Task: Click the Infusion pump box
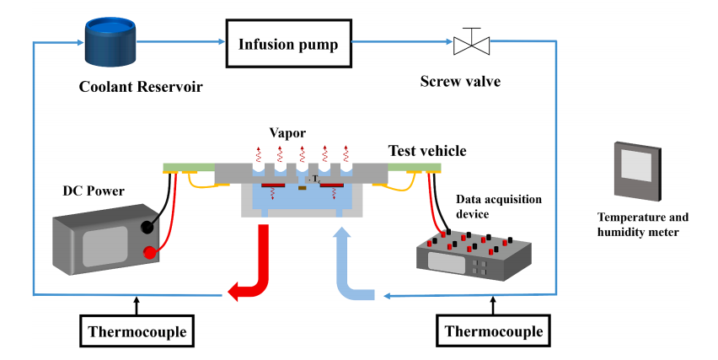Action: [287, 43]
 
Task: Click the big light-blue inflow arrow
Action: [351, 270]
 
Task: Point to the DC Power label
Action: [93, 191]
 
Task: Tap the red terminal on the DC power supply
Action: [153, 251]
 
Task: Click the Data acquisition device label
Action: [498, 207]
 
